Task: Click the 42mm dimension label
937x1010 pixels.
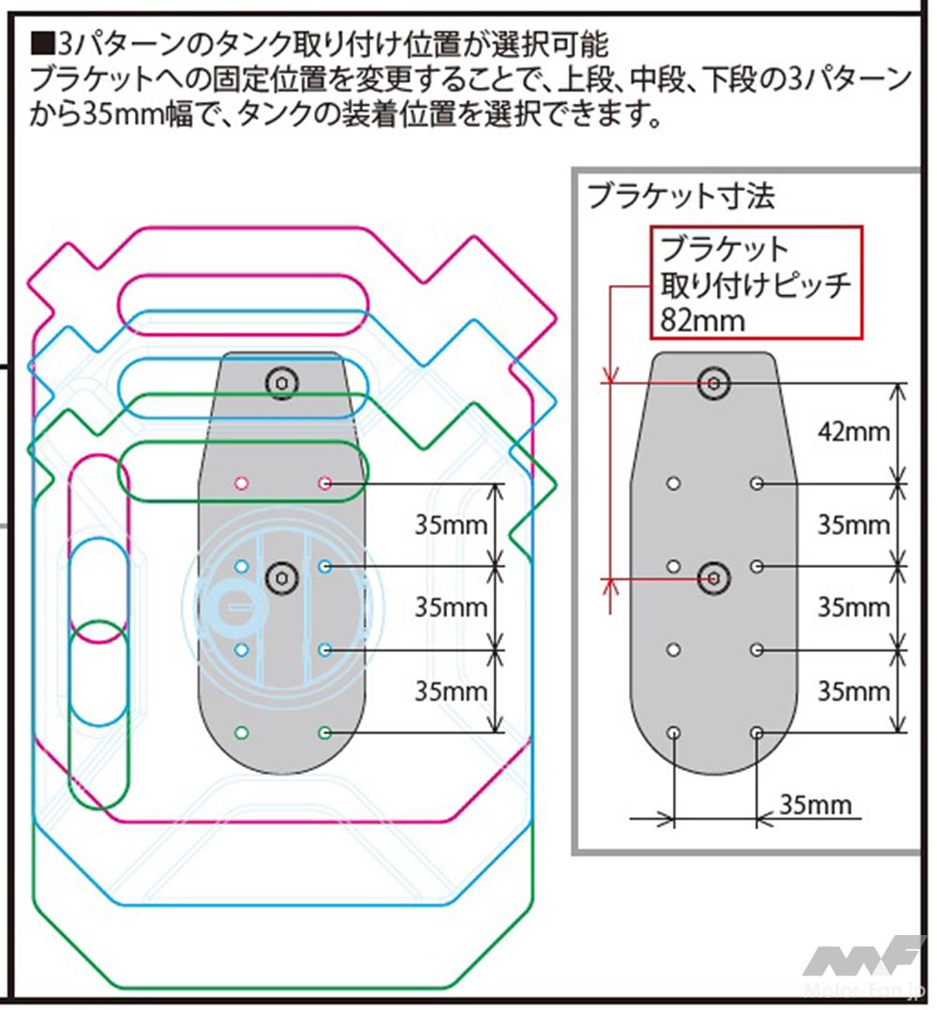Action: tap(854, 432)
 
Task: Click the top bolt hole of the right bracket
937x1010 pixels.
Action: tap(715, 382)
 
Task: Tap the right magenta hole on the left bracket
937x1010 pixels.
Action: tap(325, 483)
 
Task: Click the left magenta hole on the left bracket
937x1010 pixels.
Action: tap(241, 483)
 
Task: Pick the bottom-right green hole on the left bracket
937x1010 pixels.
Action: tap(325, 732)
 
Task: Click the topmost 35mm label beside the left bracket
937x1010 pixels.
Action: tap(452, 525)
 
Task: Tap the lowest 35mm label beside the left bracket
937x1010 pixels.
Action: tap(452, 691)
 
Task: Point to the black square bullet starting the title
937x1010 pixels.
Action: tap(42, 44)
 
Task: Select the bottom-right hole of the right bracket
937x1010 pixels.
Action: tap(757, 732)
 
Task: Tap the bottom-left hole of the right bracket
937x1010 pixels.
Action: tap(673, 732)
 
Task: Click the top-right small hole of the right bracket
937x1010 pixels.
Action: tap(757, 483)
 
